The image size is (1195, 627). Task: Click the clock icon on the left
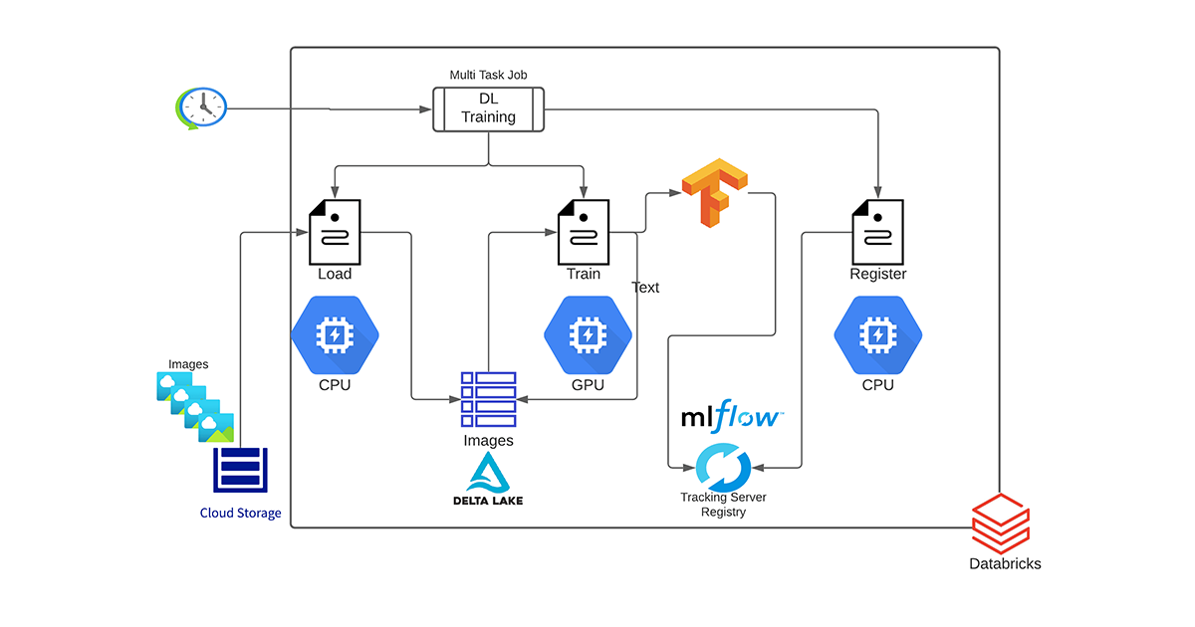click(200, 106)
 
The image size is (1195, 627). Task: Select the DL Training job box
click(488, 108)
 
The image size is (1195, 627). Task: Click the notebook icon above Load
click(336, 231)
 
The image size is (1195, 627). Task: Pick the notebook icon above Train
click(583, 231)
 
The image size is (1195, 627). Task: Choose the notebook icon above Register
click(877, 231)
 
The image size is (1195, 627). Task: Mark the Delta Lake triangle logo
click(488, 472)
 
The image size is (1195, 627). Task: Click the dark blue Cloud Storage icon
click(240, 469)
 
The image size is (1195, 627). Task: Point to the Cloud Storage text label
click(240, 514)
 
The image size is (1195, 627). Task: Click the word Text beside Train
click(645, 288)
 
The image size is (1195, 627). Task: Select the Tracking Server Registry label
click(724, 505)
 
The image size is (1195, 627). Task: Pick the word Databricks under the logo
click(1005, 563)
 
